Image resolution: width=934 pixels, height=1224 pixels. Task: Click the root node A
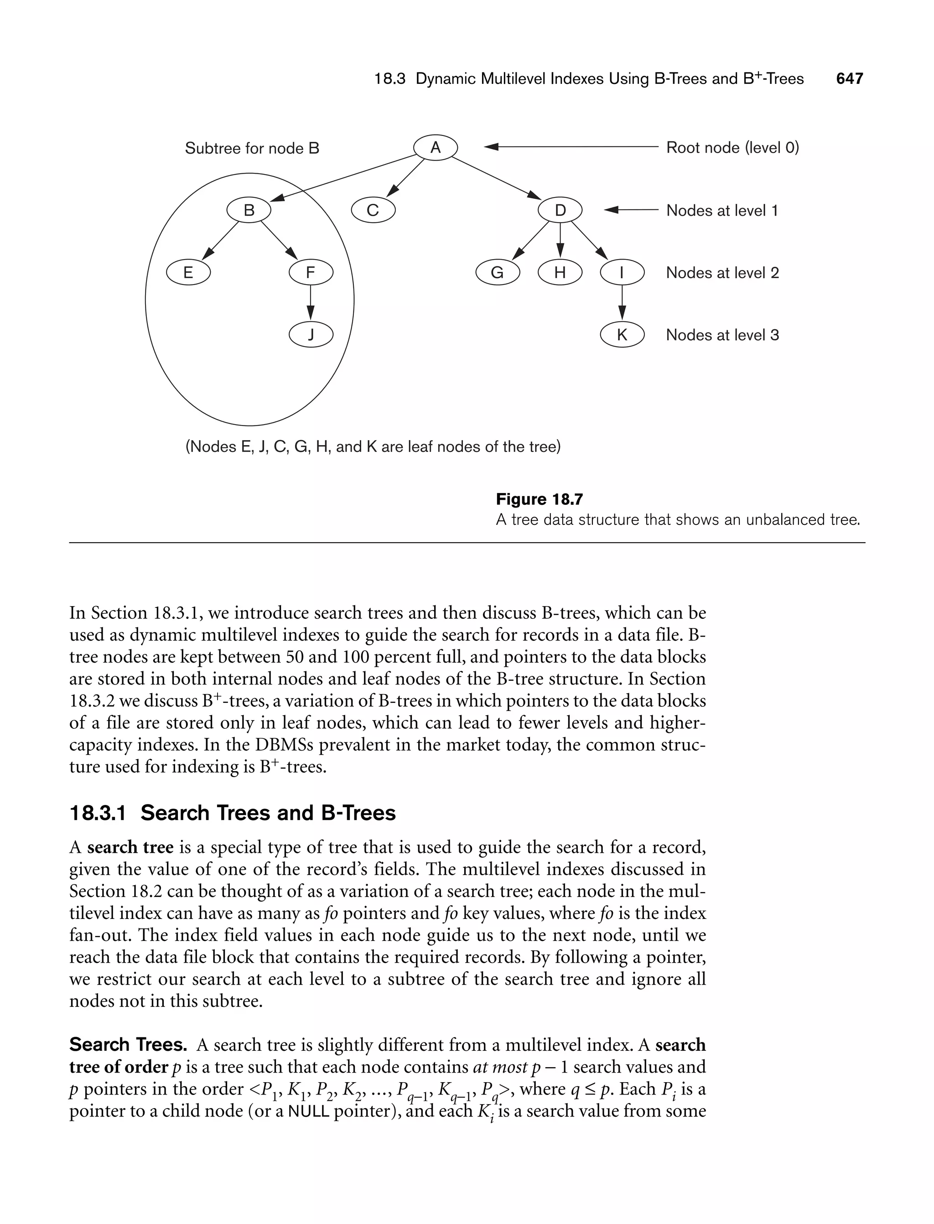click(x=436, y=147)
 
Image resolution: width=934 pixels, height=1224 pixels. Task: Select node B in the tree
click(x=249, y=210)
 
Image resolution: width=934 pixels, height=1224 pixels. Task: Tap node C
click(x=373, y=210)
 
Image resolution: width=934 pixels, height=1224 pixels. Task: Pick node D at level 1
click(x=560, y=210)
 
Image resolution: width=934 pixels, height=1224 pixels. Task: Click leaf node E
click(x=188, y=272)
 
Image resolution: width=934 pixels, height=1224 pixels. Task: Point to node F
click(x=311, y=272)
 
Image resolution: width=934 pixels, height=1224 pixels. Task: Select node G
click(x=498, y=272)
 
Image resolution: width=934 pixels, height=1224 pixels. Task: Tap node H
click(x=560, y=272)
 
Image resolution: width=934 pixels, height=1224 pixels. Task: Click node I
click(x=622, y=272)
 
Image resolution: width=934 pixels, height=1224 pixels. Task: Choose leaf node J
click(x=311, y=335)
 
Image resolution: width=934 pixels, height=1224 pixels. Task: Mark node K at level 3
click(x=622, y=335)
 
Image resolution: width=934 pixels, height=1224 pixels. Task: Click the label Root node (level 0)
click(x=732, y=147)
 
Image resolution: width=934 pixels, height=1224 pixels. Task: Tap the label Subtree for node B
click(x=252, y=148)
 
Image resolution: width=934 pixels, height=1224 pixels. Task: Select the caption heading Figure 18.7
click(x=539, y=499)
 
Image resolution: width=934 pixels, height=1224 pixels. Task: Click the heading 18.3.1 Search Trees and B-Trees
click(x=233, y=813)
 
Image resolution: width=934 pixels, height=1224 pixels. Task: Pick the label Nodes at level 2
click(x=722, y=272)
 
